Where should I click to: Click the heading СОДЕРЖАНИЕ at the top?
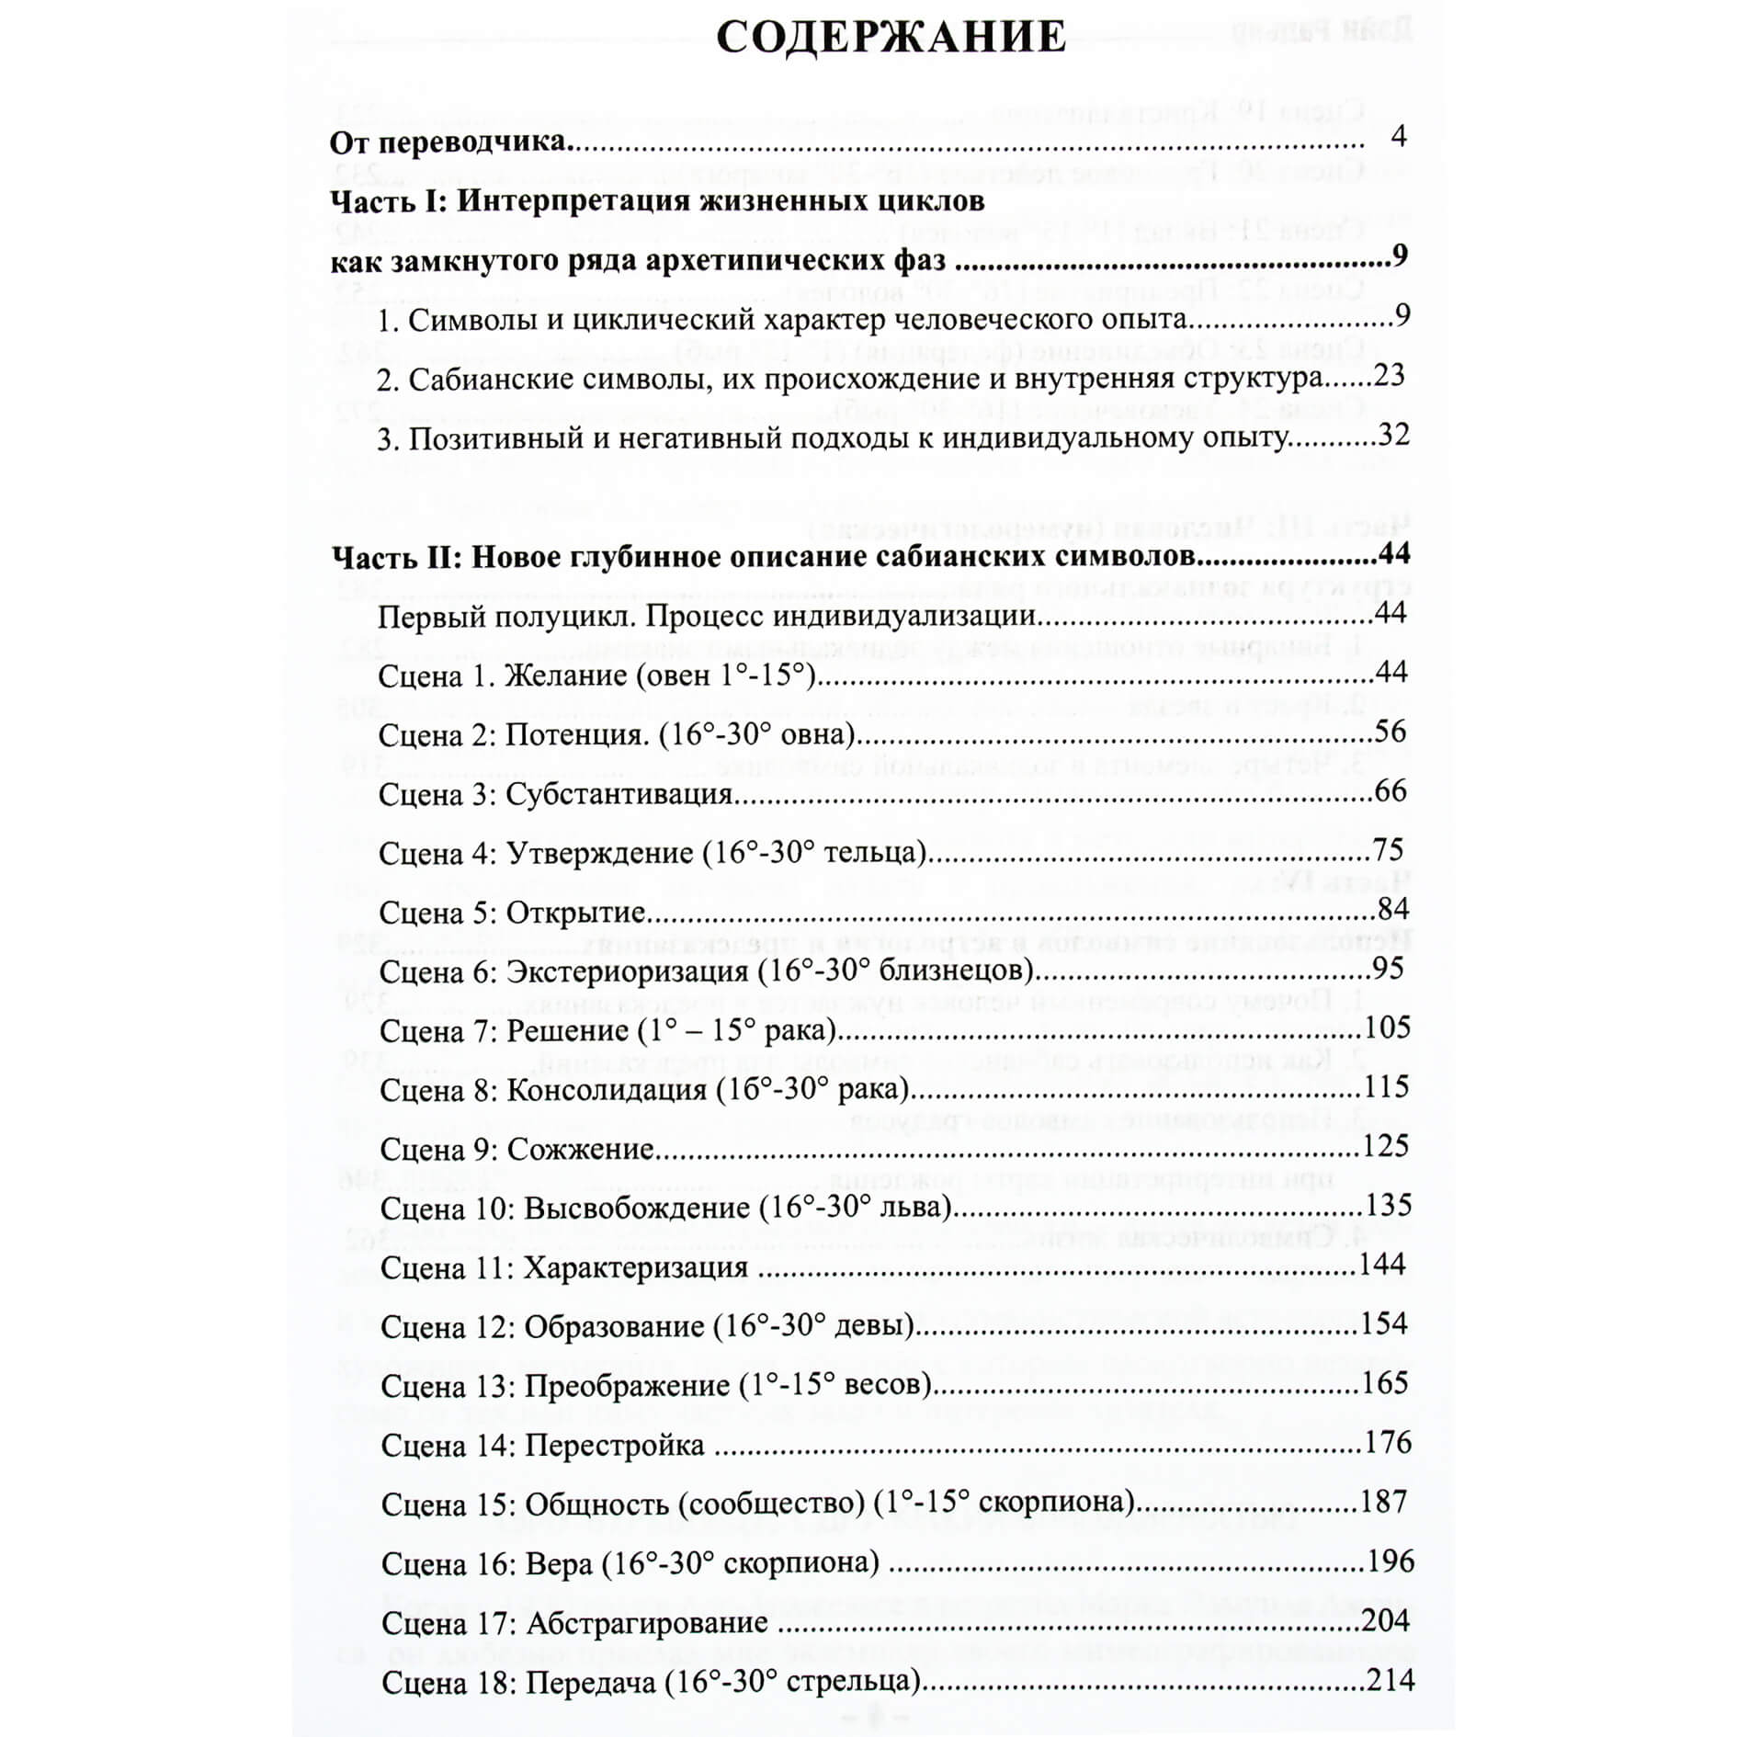click(x=891, y=39)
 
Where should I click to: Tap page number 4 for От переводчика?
click(x=1399, y=137)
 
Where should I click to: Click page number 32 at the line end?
click(x=1393, y=434)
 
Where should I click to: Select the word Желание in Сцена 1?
click(x=567, y=675)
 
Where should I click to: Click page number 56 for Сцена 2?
click(x=1391, y=732)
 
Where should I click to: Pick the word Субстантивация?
click(x=619, y=793)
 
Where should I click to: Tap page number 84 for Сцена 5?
click(x=1392, y=909)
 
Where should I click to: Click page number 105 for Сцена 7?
click(x=1387, y=1027)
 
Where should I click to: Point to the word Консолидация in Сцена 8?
click(x=607, y=1090)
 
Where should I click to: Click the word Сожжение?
click(x=581, y=1149)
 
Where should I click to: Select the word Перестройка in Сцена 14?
click(x=615, y=1445)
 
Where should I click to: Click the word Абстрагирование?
click(x=647, y=1622)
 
